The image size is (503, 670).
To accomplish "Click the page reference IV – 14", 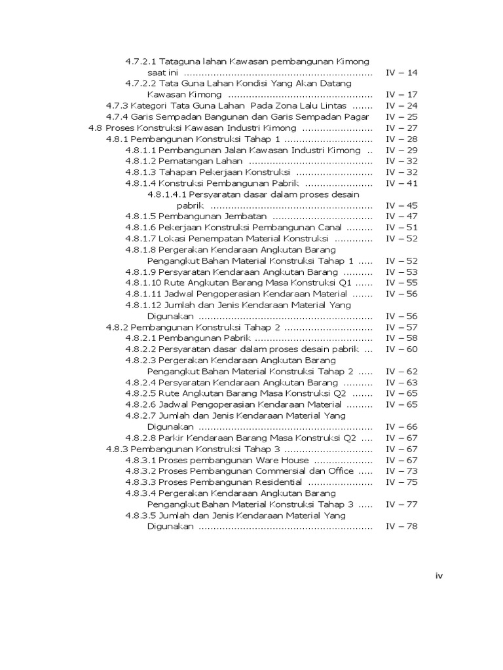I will pyautogui.click(x=401, y=73).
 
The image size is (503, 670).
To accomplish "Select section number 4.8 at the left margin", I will pyautogui.click(x=96, y=128).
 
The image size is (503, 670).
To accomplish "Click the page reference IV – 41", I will pyautogui.click(x=401, y=183).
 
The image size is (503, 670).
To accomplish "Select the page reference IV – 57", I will pyautogui.click(x=401, y=327).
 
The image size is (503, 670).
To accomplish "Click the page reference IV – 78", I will pyautogui.click(x=401, y=526).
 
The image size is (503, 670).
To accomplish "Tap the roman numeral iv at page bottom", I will pyautogui.click(x=439, y=576).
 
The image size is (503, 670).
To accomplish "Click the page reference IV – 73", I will pyautogui.click(x=401, y=471).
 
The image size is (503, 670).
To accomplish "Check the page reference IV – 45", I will pyautogui.click(x=401, y=205).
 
